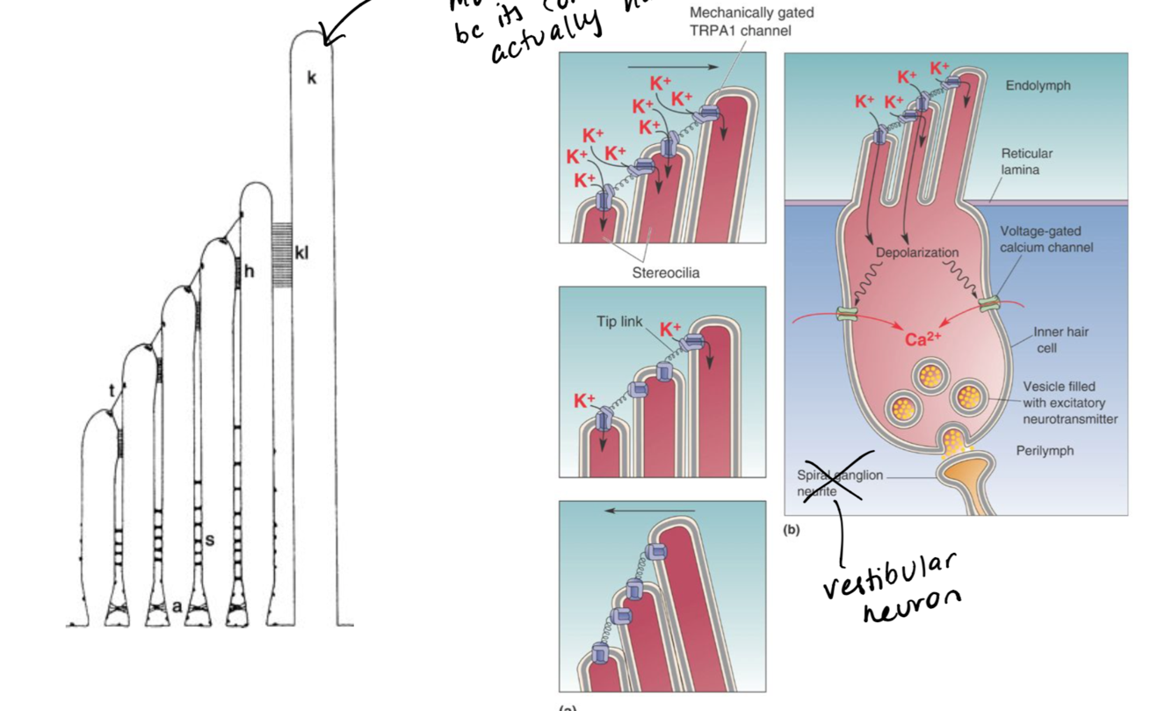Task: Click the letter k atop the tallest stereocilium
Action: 312,78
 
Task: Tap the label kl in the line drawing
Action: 302,254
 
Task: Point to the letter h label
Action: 249,272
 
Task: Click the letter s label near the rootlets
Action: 209,539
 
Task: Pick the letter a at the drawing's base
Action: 177,606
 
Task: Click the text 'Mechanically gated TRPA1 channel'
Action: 751,22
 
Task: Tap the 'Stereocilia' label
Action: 666,272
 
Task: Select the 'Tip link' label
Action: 619,322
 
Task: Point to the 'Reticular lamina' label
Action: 1026,162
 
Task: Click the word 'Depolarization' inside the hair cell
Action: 917,252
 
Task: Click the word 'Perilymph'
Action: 1045,451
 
